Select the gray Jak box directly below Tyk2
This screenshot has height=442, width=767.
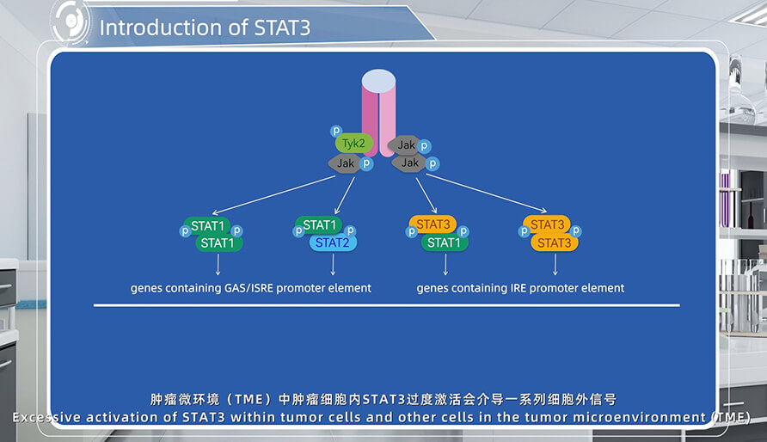click(x=345, y=163)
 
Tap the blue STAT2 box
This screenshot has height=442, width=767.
click(x=333, y=242)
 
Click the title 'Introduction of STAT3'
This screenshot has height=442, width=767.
click(x=205, y=27)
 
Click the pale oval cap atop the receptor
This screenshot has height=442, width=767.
click(x=379, y=81)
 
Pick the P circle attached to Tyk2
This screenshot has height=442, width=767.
click(x=336, y=131)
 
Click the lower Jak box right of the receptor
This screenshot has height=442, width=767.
click(x=410, y=163)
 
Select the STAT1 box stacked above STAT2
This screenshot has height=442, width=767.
click(x=319, y=225)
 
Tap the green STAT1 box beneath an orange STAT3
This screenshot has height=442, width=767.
click(x=445, y=242)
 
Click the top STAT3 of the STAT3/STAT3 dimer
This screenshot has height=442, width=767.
click(x=546, y=225)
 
